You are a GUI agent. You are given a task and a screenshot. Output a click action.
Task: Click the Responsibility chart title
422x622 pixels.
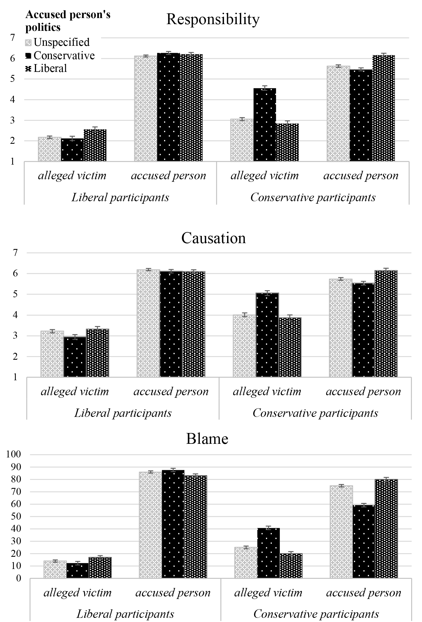point(213,19)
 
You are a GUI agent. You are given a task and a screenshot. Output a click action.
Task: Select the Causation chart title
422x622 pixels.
point(213,238)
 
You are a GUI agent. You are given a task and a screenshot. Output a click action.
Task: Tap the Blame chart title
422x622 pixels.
point(207,439)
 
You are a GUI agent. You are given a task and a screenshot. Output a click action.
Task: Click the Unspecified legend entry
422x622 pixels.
point(57,42)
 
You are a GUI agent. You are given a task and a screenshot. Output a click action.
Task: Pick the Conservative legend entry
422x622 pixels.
point(60,56)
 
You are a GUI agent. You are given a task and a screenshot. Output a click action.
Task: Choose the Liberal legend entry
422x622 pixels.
point(46,68)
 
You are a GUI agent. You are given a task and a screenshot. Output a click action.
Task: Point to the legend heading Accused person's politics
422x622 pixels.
point(68,21)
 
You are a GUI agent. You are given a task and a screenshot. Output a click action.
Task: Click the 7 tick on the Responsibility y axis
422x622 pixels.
point(12,37)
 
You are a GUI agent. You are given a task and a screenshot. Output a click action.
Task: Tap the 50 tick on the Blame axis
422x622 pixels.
point(16,516)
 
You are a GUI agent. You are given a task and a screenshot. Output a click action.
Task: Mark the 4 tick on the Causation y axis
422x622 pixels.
point(15,315)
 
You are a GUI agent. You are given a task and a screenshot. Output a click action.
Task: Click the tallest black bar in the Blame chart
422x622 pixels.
point(173,524)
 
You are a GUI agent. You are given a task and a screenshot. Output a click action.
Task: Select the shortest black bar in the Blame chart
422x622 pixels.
point(78,571)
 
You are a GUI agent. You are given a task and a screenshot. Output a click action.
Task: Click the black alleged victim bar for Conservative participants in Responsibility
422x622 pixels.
point(265,125)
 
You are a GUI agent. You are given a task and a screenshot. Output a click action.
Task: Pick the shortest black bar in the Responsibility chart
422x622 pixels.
point(72,150)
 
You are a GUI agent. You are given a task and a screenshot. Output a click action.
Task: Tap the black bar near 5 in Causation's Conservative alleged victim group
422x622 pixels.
point(267,335)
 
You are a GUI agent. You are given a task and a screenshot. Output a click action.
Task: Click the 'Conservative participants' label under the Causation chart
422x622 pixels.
point(315,413)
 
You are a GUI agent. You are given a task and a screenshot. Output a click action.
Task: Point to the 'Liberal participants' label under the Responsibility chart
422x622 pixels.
point(120,198)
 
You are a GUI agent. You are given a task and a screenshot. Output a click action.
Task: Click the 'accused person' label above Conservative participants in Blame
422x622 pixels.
point(364,593)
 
